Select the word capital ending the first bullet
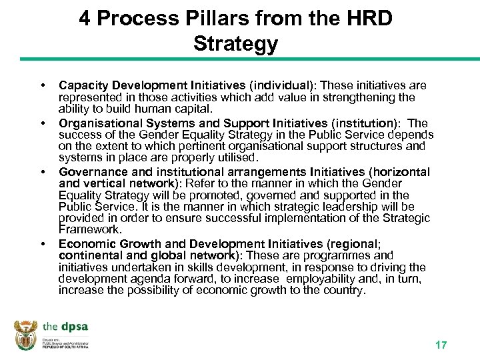[x=192, y=109]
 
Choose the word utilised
[x=235, y=158]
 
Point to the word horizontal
[x=395, y=171]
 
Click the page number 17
[x=441, y=345]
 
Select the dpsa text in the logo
[x=74, y=327]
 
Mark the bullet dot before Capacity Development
[x=44, y=86]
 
